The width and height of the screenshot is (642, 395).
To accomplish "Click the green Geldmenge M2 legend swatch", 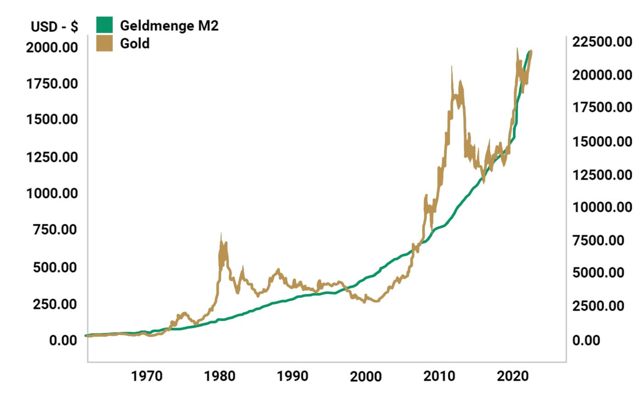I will (104, 25).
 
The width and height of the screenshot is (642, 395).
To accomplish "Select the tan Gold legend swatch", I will (104, 44).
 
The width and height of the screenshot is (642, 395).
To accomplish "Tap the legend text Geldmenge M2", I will (169, 26).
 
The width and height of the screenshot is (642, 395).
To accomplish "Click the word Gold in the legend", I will (135, 44).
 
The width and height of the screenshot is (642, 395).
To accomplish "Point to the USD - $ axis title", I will (55, 27).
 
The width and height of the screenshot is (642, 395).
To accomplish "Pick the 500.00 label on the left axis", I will (55, 267).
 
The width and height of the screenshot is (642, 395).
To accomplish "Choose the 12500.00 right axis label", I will (602, 174).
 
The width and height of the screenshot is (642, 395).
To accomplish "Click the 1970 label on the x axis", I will (147, 377).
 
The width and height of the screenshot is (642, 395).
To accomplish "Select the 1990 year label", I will (293, 377).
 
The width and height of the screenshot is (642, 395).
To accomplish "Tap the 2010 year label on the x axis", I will (439, 377).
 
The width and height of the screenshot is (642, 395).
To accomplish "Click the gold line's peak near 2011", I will (452, 67).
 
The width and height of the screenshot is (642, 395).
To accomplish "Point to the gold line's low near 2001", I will (376, 301).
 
